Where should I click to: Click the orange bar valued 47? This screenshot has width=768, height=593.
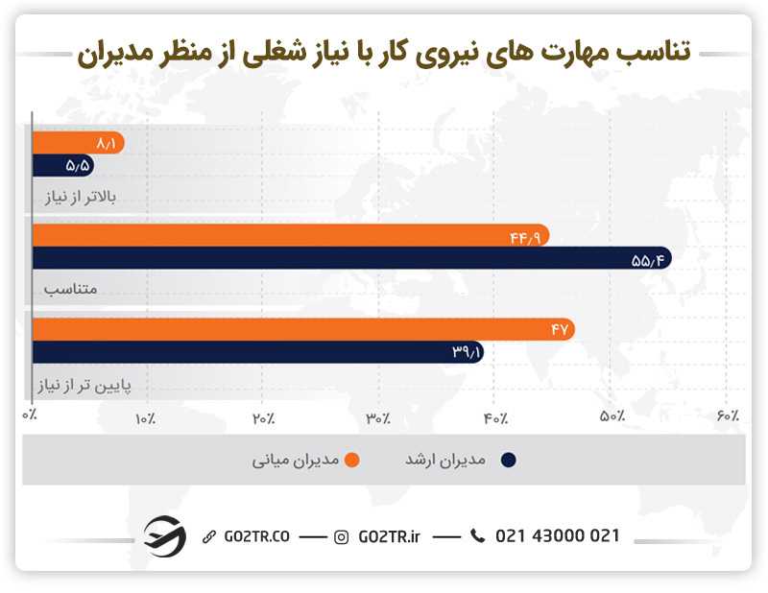[x=303, y=329]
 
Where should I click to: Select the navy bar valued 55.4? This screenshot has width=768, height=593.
[x=351, y=259]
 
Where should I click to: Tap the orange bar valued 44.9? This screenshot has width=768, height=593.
[x=290, y=236]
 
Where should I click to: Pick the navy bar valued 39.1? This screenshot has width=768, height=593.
[x=257, y=352]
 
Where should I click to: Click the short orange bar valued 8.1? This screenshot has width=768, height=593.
[x=77, y=142]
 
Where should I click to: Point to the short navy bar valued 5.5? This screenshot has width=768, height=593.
[x=62, y=165]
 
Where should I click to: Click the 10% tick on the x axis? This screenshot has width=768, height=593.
[x=146, y=417]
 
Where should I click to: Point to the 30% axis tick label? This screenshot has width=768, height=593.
[x=378, y=417]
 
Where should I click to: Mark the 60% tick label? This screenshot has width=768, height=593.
[x=728, y=417]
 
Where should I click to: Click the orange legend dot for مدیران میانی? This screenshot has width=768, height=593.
[x=353, y=461]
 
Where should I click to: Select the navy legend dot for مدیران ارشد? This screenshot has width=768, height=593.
[x=509, y=461]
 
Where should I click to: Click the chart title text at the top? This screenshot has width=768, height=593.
[x=383, y=52]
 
